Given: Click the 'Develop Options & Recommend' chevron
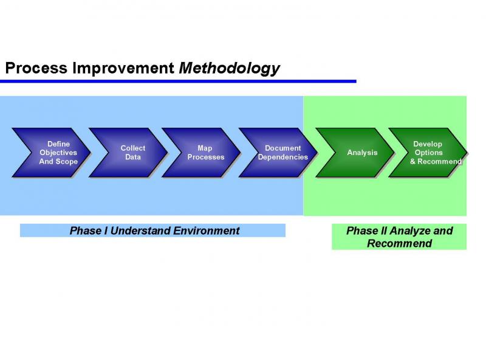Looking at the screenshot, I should [x=428, y=153].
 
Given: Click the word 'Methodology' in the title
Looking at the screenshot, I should [x=230, y=68].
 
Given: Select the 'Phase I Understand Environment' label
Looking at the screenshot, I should [x=152, y=230].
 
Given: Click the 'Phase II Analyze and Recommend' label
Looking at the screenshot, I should [x=399, y=237].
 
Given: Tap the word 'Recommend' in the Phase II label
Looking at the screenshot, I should [x=399, y=244].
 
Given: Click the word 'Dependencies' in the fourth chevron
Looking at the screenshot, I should [x=282, y=157].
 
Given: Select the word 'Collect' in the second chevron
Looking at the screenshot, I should [x=132, y=148].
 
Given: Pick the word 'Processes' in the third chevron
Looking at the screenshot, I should [x=205, y=157].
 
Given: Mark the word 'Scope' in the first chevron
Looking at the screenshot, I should [x=66, y=162].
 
